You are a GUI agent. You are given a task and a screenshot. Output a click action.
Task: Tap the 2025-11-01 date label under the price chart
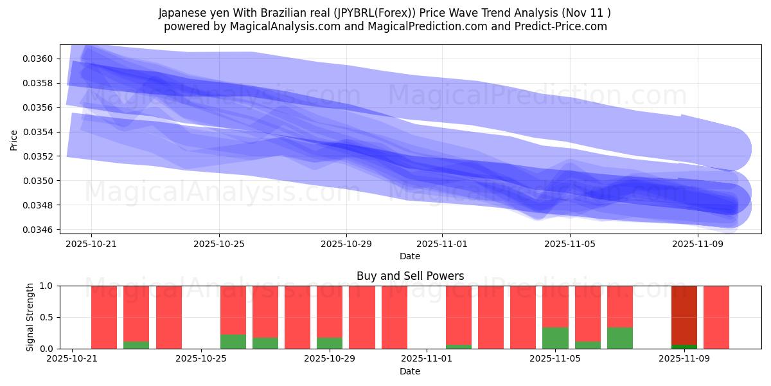click(x=442, y=244)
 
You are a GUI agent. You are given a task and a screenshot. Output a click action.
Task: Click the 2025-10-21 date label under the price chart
click(x=91, y=244)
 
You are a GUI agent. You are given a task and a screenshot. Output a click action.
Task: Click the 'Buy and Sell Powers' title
click(x=410, y=276)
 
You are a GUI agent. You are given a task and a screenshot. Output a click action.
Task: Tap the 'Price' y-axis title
click(x=14, y=140)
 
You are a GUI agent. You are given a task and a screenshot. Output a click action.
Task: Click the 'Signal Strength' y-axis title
click(x=30, y=317)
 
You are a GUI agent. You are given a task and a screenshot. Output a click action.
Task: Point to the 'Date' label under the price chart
click(x=410, y=256)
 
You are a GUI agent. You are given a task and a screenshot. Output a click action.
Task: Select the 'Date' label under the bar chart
click(x=410, y=371)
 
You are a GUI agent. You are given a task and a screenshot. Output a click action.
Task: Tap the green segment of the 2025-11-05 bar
click(x=555, y=338)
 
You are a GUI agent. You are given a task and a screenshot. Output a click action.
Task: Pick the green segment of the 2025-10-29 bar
click(x=330, y=343)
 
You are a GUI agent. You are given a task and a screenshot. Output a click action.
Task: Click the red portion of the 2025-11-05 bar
click(x=555, y=306)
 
